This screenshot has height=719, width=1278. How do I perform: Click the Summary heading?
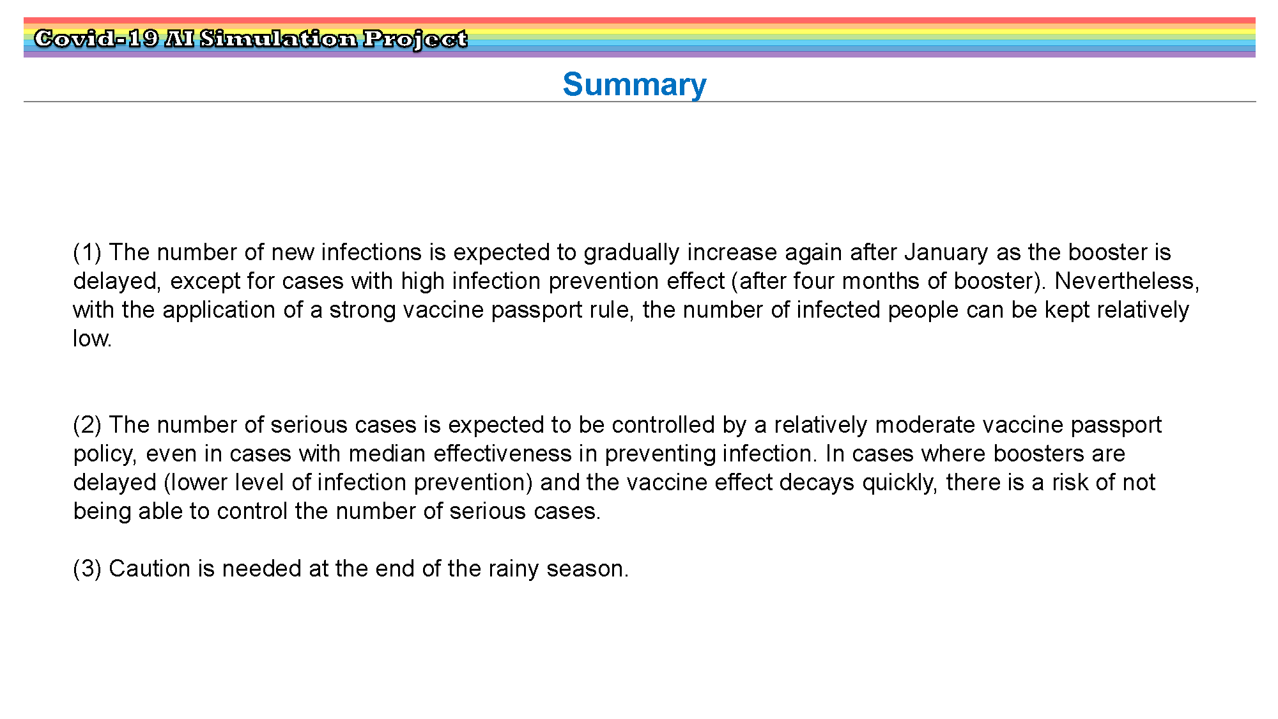coord(635,85)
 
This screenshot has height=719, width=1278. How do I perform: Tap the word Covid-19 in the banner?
coord(96,39)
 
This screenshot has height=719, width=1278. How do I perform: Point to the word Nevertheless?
coord(1127,281)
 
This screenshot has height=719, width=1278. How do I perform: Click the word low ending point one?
coord(92,339)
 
